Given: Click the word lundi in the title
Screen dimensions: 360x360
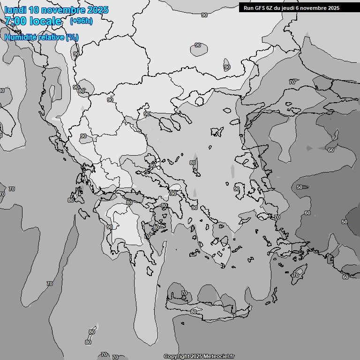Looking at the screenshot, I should (15, 10).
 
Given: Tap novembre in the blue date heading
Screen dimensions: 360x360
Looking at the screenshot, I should (66, 10).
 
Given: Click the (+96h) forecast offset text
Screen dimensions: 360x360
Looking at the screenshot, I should (81, 21).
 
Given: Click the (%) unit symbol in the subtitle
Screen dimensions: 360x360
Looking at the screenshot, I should (72, 37).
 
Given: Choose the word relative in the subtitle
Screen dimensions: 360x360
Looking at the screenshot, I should (51, 37).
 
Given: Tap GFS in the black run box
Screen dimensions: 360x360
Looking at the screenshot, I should (260, 8).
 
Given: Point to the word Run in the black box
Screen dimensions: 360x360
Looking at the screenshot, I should (248, 8).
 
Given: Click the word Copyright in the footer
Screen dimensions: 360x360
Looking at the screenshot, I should (177, 356).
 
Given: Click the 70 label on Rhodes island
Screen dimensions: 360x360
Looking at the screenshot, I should (295, 275).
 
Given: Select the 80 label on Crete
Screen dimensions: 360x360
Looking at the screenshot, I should (194, 312).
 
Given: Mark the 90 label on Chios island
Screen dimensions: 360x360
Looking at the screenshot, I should (237, 189).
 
